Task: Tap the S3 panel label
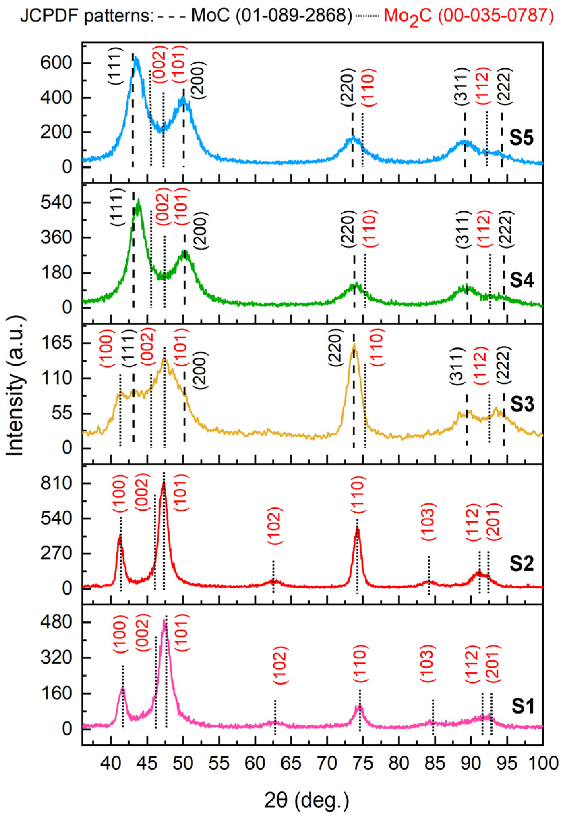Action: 521,404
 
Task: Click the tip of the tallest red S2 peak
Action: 163,483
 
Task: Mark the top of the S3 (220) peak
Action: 354,345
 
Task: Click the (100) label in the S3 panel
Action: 106,347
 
